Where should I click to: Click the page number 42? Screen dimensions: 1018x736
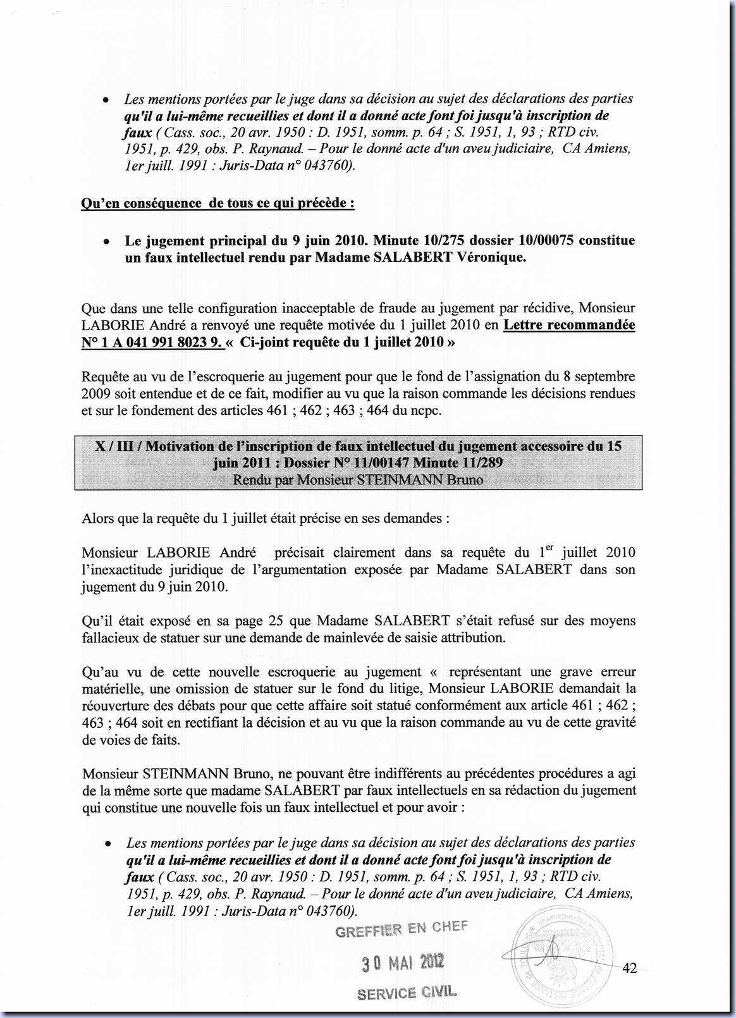pos(629,968)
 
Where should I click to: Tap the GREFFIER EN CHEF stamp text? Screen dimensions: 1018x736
pos(402,929)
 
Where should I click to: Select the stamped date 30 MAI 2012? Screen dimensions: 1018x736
pos(403,963)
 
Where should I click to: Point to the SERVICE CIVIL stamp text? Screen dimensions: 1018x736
pos(407,993)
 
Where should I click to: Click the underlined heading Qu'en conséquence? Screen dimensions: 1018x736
pos(218,203)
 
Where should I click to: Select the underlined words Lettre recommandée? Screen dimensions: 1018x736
pos(569,325)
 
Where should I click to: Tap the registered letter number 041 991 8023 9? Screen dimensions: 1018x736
pos(167,342)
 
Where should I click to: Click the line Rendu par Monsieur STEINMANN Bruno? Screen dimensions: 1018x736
pos(358,479)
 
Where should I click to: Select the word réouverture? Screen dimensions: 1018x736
pos(114,705)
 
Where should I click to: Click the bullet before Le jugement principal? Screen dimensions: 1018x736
pos(108,242)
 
